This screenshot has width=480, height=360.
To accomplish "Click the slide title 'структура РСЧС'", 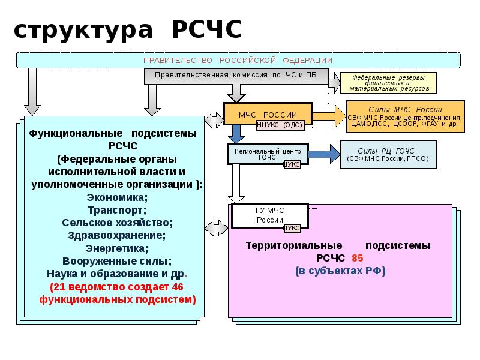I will click(x=127, y=29).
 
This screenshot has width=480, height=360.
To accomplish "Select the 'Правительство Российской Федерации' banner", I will click(x=238, y=60).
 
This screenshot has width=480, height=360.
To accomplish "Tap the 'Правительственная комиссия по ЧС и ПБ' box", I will click(x=236, y=76).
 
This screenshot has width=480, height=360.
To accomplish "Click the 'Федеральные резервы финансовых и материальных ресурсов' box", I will click(x=389, y=82).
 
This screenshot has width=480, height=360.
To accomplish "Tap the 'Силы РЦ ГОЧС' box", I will click(x=388, y=155).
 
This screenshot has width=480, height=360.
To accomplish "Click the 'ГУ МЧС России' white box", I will click(x=270, y=215).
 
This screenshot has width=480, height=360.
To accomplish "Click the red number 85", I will click(x=358, y=258).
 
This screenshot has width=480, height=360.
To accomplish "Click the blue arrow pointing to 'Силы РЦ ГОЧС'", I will click(x=324, y=154).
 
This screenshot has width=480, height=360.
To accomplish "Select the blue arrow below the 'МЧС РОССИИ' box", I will click(x=236, y=134).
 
